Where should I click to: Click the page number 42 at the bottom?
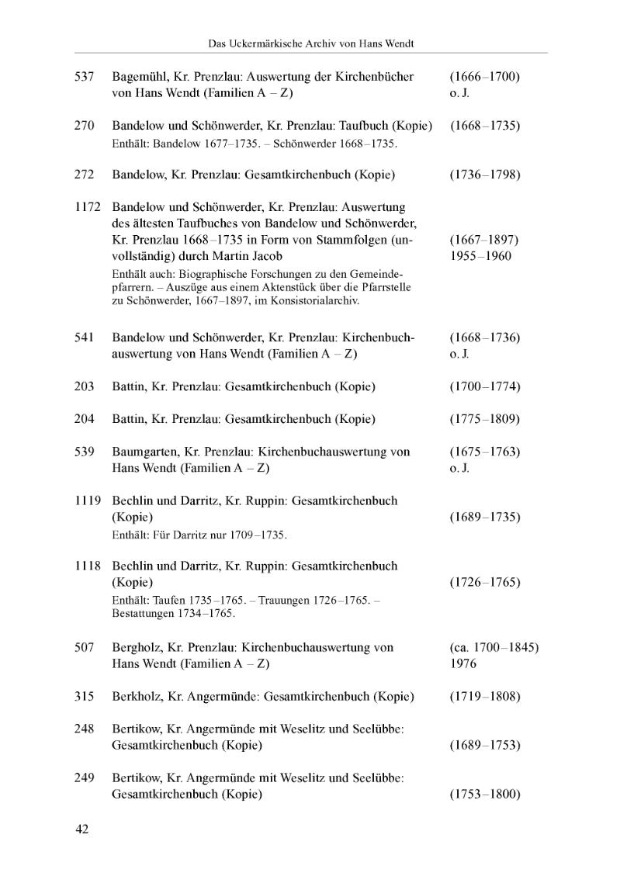(82, 829)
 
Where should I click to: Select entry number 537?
(84, 77)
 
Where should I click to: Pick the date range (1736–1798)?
(484, 175)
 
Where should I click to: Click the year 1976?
(463, 663)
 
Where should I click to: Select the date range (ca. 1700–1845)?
(494, 647)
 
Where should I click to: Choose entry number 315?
(84, 696)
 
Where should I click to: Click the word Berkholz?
(137, 696)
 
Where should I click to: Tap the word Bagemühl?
(139, 77)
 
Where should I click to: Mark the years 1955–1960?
(480, 256)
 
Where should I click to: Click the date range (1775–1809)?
(484, 419)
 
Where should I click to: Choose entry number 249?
(84, 777)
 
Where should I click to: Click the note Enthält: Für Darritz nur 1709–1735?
(199, 535)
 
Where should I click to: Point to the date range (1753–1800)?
(484, 794)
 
